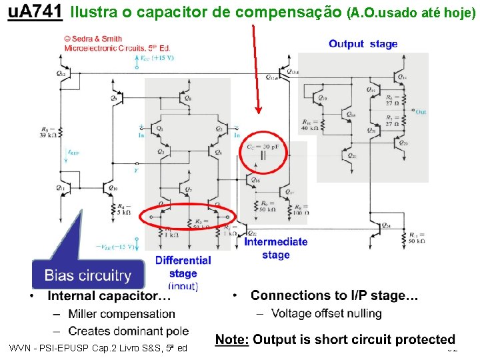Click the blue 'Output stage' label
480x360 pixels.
[x=363, y=44]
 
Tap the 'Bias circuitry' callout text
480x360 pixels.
[x=87, y=275]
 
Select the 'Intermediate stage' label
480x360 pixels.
[x=276, y=248]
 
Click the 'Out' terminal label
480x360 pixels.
[x=421, y=112]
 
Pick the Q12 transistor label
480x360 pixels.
[x=61, y=73]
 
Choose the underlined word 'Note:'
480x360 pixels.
[x=231, y=340]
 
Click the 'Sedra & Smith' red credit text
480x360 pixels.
[x=97, y=39]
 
